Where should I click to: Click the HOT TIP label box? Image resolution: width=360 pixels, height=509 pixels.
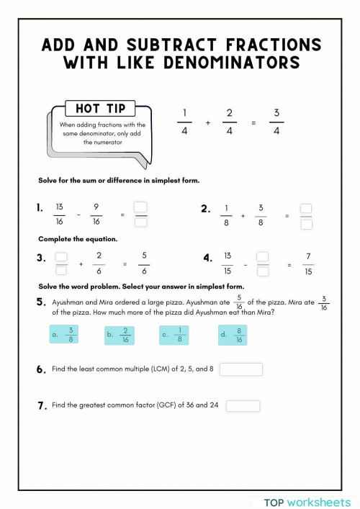101,109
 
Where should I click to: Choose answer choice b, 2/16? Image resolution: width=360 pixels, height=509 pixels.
120,334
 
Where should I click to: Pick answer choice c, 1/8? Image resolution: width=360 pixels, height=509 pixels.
174,334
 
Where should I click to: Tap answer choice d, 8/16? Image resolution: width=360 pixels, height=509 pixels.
233,334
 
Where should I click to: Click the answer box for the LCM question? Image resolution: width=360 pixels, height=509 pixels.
240,369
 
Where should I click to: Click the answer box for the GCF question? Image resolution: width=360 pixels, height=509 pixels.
243,405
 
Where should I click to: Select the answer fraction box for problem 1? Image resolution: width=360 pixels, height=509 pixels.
141,215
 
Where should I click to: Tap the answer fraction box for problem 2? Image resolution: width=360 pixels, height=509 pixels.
306,215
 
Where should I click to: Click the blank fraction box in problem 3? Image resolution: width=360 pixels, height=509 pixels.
61,264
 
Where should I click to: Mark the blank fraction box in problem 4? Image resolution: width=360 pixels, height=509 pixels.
263,264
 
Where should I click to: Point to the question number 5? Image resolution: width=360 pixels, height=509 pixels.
41,303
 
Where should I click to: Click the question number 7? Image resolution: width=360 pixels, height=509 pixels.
42,406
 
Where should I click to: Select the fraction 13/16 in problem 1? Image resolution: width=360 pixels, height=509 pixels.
59,215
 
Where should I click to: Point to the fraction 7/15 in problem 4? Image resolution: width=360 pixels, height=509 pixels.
308,264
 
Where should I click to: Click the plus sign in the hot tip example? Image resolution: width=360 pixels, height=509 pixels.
207,123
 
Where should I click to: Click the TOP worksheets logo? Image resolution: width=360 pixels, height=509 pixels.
307,501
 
